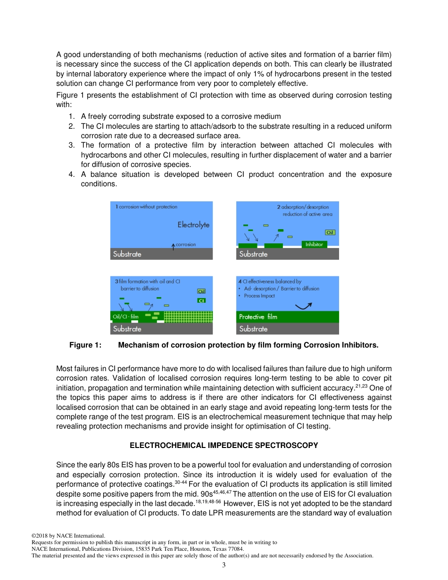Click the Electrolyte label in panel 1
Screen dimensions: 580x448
[x=193, y=225]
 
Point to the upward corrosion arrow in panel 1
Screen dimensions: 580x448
[x=173, y=246]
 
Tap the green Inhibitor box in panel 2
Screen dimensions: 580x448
[x=314, y=244]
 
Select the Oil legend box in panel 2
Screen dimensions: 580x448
[x=330, y=232]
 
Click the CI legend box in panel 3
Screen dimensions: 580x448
[x=201, y=300]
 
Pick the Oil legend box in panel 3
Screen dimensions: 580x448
[x=201, y=291]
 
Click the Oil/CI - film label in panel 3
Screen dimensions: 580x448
[x=125, y=316]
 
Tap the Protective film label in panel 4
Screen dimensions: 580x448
[x=258, y=317]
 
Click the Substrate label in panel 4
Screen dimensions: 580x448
[x=253, y=329]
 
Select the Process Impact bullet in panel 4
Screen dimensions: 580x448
[x=259, y=296]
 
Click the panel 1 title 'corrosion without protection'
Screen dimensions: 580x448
[x=148, y=207]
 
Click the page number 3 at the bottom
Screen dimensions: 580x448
[x=224, y=565]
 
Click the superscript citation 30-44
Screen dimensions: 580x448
[x=180, y=482]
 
